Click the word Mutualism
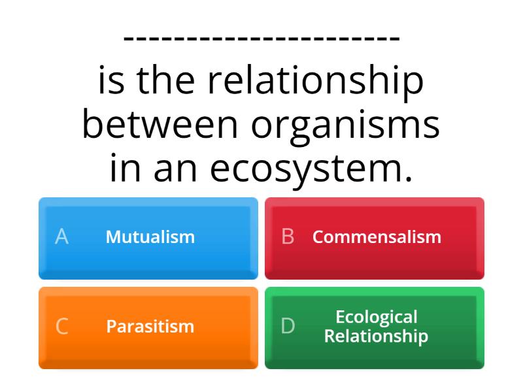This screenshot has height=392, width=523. coord(150,237)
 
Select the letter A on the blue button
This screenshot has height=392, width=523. coord(61,237)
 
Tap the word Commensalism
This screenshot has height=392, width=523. coord(377,237)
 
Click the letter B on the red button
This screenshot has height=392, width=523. coord(288,237)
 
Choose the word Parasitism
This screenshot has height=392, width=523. coord(150,326)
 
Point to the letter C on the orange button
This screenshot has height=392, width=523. coord(61,326)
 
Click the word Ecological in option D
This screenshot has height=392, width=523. coord(377,317)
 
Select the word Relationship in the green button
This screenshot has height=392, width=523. coord(377,336)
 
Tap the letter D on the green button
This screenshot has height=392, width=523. coord(288,326)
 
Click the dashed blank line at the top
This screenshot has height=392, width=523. coord(261,38)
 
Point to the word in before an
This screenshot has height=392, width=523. coord(125,169)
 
